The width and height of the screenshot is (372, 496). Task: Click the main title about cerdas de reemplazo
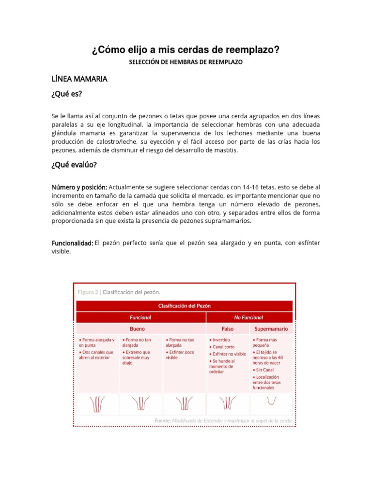coord(186,50)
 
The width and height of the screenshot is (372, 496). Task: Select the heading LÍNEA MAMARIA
coord(79,78)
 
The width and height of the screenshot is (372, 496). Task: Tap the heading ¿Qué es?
coord(66,94)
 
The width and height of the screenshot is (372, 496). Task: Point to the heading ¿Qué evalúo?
coord(75,165)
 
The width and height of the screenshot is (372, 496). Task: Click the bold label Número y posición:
coord(79,187)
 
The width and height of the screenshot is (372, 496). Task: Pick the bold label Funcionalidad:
coord(72,243)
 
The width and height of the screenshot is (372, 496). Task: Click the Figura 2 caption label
coord(88,292)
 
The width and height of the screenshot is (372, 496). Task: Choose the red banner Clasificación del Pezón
coord(185,306)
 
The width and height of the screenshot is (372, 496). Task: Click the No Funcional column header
coord(248,317)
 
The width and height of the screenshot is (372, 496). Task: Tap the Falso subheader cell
coord(228,328)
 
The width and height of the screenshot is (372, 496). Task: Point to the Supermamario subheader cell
coord(271,328)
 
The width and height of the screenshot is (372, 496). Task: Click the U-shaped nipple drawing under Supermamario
coord(271,401)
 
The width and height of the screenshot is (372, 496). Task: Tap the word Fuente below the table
coord(163,420)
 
